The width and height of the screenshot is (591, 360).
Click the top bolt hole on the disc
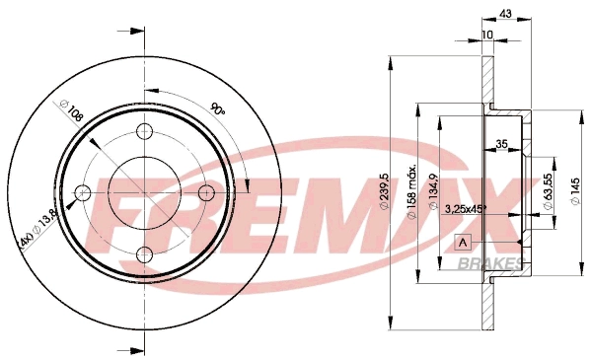[145, 133]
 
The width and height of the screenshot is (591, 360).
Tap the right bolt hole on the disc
[206, 192]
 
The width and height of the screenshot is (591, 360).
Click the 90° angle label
[217, 110]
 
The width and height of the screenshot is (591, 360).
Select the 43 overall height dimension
[506, 13]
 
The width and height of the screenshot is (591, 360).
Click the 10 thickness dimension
[487, 36]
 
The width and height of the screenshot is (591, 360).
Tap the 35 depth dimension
[501, 144]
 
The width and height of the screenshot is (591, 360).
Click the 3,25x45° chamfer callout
[468, 208]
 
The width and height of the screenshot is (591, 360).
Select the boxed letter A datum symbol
[461, 243]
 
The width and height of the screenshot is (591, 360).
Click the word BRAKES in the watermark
[490, 263]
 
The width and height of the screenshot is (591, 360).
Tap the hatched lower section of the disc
[487, 306]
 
